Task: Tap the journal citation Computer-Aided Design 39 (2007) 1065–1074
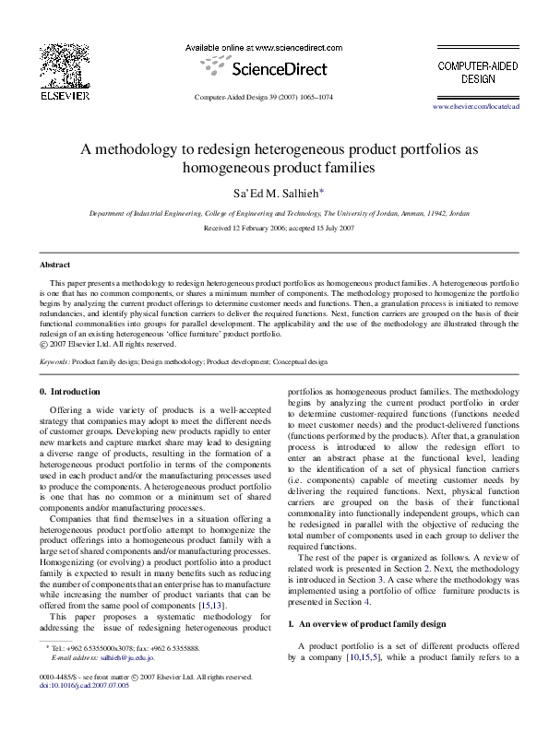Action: click(273, 97)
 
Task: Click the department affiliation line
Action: click(273, 213)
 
